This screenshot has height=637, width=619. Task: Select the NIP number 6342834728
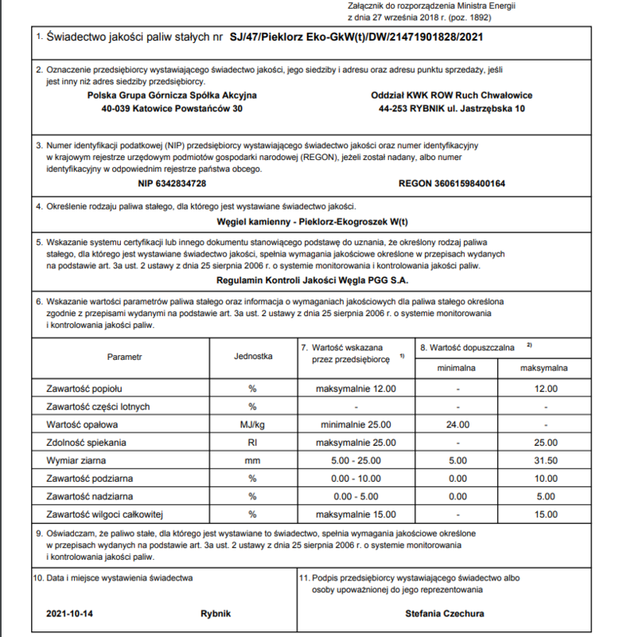click(173, 183)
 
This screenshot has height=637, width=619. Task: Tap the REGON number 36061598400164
click(451, 183)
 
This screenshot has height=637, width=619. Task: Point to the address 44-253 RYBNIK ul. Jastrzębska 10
click(452, 108)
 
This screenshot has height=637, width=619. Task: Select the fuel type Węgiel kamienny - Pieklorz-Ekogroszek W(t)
click(312, 221)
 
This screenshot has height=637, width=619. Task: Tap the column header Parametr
click(124, 357)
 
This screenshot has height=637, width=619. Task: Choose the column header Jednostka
click(253, 357)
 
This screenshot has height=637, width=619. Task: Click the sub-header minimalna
click(458, 369)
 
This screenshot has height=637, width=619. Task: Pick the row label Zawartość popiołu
click(84, 389)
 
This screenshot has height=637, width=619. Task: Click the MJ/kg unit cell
click(253, 424)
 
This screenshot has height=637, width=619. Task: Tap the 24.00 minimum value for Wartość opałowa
click(458, 424)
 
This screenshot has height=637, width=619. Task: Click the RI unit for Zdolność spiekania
click(253, 442)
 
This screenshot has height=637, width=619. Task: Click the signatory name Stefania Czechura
click(444, 614)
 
